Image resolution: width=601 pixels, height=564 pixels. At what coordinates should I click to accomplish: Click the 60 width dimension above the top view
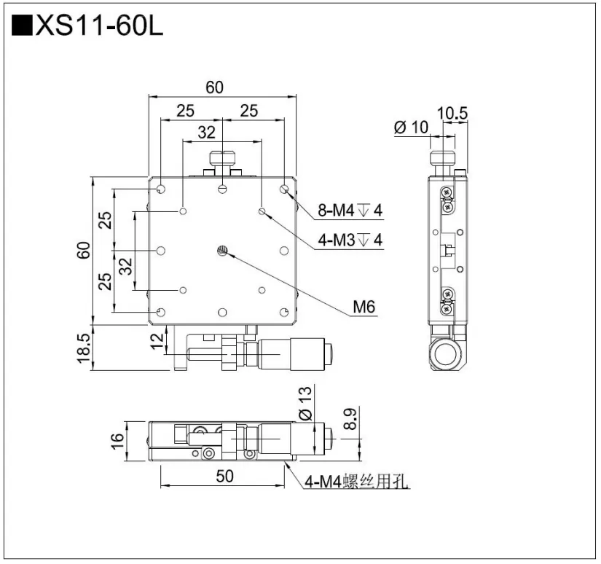tap(214, 87)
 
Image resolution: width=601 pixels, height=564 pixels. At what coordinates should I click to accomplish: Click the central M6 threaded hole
tap(223, 251)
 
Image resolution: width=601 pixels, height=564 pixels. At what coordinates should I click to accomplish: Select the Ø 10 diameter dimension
tap(411, 127)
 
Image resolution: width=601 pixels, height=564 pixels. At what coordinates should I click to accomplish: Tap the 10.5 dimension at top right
tap(452, 113)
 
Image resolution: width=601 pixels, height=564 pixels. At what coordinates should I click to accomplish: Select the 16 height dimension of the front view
tap(117, 442)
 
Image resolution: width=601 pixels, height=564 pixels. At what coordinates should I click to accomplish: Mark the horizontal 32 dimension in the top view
tap(207, 132)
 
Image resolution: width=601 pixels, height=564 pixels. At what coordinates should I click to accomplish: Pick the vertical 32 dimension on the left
tap(125, 267)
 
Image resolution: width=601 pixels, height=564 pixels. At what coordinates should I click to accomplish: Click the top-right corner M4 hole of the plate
tap(284, 189)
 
